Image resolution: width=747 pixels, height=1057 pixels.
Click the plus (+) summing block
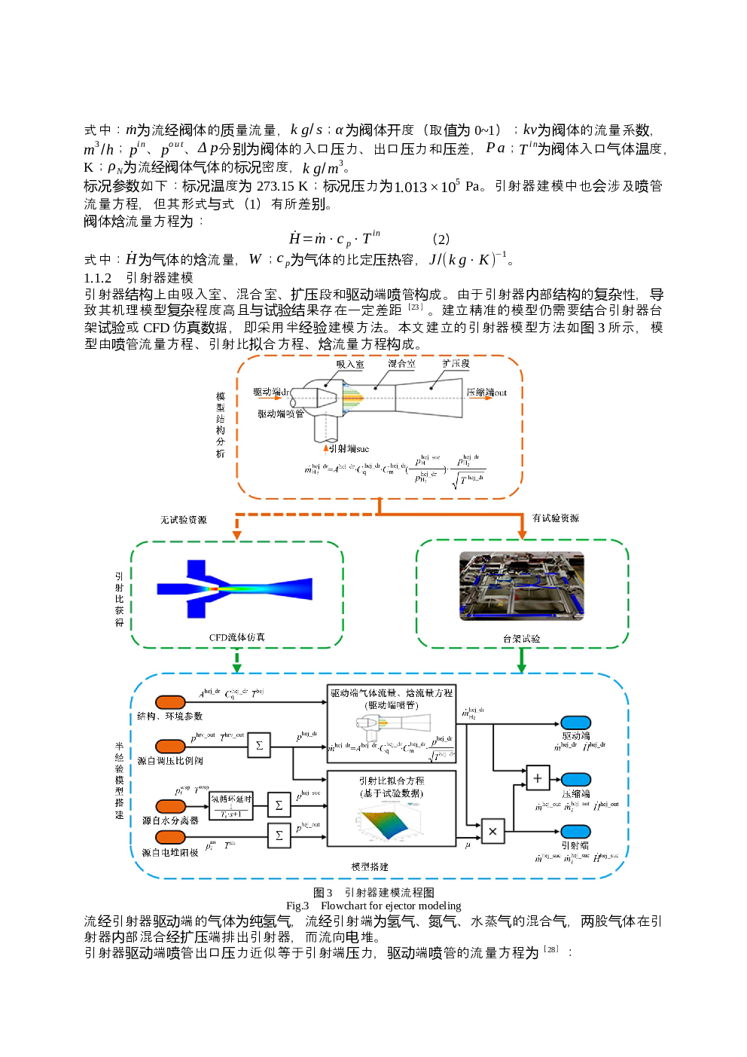point(537,777)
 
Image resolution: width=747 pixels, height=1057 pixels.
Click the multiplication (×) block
point(492,831)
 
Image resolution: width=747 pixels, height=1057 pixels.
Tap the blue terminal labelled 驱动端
point(576,723)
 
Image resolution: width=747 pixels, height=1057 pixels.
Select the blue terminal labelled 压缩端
point(576,780)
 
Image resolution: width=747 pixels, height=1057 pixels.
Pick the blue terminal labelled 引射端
point(576,832)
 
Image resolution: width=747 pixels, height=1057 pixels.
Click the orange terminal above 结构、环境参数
point(170,702)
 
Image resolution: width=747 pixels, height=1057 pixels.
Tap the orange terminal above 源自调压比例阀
point(170,746)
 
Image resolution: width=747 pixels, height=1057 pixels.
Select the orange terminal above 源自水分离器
point(170,806)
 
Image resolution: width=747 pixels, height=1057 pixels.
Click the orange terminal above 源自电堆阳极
point(170,838)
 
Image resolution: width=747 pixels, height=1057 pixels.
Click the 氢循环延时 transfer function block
point(230,805)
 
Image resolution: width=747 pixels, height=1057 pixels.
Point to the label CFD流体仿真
point(236,637)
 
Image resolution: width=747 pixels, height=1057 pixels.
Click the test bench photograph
point(522,586)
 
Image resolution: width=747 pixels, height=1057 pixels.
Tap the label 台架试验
point(521,639)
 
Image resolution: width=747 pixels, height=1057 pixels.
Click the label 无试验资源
point(183,520)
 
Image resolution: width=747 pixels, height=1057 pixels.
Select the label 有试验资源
point(556,518)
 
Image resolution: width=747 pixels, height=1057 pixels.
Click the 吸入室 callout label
point(349,364)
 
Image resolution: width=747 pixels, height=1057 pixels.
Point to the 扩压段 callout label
point(456,363)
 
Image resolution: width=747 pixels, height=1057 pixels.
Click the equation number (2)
point(441,239)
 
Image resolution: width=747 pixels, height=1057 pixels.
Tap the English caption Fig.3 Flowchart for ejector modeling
point(373,906)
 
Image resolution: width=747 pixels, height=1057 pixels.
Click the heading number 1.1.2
point(97,278)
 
